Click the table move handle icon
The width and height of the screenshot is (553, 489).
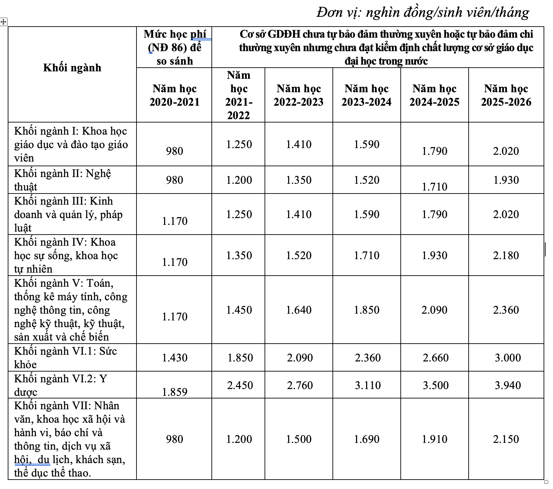[3, 22]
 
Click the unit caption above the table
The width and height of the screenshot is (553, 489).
[423, 12]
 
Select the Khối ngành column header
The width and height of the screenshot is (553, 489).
[72, 68]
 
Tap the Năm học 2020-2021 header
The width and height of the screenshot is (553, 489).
[174, 95]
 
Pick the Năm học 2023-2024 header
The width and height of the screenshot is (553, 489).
[366, 95]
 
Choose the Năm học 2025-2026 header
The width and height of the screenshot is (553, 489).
[506, 95]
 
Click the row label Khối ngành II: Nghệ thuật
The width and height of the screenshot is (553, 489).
[63, 180]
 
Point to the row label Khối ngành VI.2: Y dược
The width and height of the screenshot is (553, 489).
[61, 385]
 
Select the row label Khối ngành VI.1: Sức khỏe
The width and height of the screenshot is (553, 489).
[66, 357]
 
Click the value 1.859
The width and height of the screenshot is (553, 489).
[174, 392]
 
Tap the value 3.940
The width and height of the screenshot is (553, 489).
[508, 385]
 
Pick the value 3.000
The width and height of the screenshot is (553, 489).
[508, 357]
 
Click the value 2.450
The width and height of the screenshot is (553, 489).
[240, 385]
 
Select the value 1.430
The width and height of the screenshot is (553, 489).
[174, 357]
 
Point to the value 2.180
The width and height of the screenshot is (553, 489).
[506, 255]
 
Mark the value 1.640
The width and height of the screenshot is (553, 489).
[299, 310]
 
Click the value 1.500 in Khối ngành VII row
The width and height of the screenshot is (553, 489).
[299, 439]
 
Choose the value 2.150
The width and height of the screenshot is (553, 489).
[506, 439]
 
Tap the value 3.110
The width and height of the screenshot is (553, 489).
[368, 385]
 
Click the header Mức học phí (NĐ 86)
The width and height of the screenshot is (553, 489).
[174, 47]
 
